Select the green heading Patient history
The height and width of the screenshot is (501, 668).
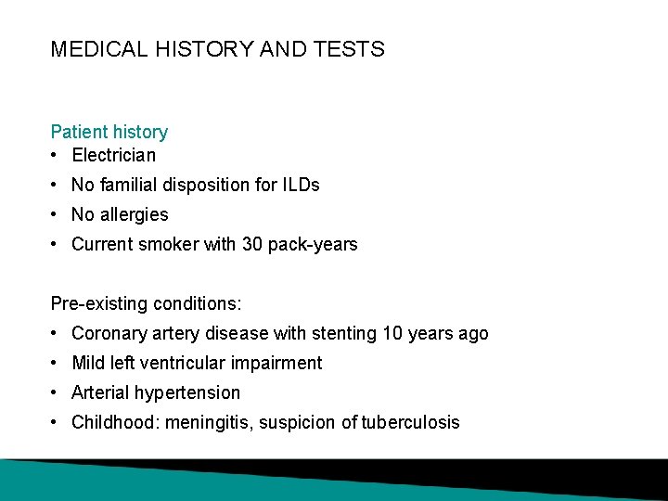click(109, 133)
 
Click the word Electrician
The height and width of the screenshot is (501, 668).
click(113, 155)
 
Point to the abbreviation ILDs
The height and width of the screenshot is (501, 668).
click(301, 185)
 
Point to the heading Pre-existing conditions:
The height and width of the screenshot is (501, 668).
click(147, 303)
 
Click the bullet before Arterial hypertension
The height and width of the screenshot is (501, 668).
click(57, 392)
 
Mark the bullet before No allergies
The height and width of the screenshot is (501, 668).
click(57, 214)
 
